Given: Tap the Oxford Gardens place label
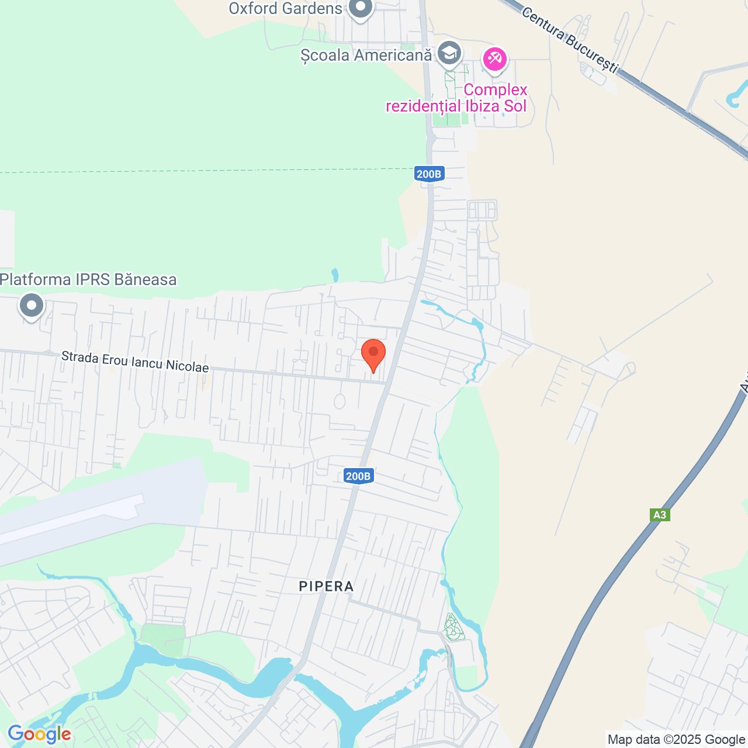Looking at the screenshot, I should pyautogui.click(x=285, y=9).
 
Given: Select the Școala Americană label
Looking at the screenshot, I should pyautogui.click(x=366, y=56).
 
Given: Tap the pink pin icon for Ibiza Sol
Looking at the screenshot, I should pyautogui.click(x=495, y=59).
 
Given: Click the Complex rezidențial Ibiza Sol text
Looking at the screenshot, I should pyautogui.click(x=456, y=98).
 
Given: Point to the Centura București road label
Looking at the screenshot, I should pyautogui.click(x=569, y=40).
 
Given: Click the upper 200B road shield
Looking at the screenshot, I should pyautogui.click(x=429, y=174).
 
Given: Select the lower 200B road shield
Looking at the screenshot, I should pyautogui.click(x=358, y=476).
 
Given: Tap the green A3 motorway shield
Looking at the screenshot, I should pyautogui.click(x=659, y=515).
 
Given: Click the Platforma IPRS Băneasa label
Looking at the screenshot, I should pyautogui.click(x=88, y=280).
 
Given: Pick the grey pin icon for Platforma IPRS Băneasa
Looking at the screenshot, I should pyautogui.click(x=32, y=306).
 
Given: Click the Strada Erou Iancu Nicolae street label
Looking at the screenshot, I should pyautogui.click(x=135, y=362).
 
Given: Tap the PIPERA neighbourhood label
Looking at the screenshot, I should pyautogui.click(x=326, y=587).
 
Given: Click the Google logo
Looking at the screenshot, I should pyautogui.click(x=39, y=735).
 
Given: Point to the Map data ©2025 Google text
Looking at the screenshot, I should pyautogui.click(x=676, y=740).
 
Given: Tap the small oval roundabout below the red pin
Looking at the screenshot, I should pyautogui.click(x=340, y=401).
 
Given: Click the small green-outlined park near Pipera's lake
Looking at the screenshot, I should pyautogui.click(x=453, y=628).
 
